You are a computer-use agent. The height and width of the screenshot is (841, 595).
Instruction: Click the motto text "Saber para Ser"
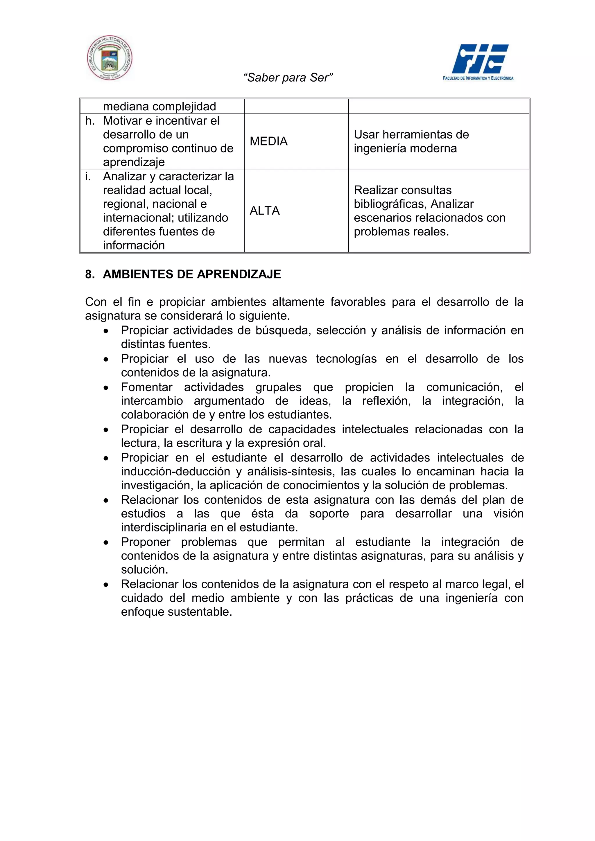(288, 78)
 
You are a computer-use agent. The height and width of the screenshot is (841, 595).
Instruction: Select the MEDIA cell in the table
(268, 141)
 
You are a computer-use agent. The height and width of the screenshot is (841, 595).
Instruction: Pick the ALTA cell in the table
(265, 211)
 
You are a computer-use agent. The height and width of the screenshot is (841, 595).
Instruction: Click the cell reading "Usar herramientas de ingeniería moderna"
(411, 141)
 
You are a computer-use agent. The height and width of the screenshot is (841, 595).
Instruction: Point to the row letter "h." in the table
(90, 121)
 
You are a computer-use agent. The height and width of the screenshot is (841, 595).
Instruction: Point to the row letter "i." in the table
(87, 177)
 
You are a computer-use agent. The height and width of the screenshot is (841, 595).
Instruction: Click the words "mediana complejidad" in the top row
(159, 107)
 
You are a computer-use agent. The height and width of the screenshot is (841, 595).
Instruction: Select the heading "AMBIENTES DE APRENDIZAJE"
(192, 274)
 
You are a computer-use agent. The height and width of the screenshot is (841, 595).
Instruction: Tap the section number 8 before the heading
(89, 274)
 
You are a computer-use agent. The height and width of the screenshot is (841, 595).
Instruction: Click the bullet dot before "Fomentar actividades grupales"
(106, 387)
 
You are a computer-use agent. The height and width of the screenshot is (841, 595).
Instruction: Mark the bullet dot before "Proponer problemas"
(106, 542)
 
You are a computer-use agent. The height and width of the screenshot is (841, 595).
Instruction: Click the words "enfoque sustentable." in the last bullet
(177, 612)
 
